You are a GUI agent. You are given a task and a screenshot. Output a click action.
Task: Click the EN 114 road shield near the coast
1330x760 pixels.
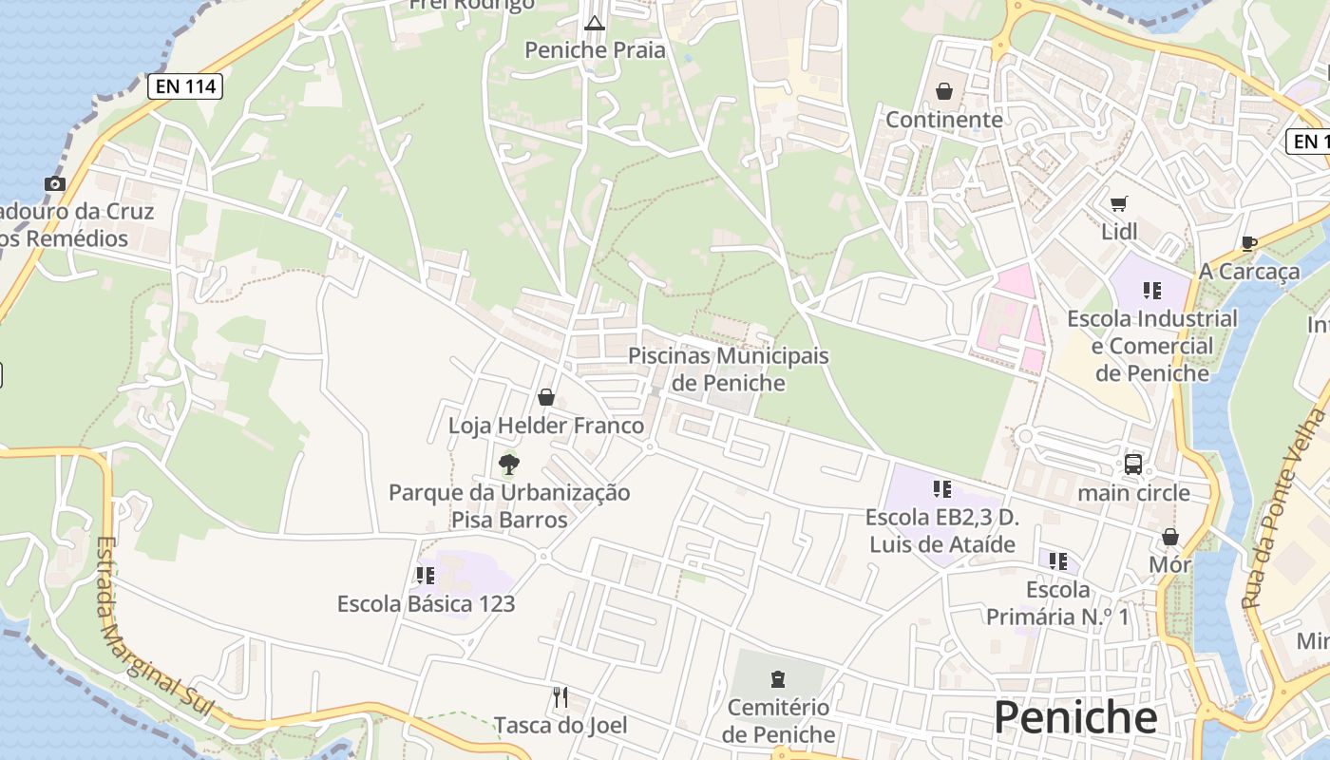[185, 87]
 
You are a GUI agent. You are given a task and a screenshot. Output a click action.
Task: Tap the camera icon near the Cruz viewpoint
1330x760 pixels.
[55, 183]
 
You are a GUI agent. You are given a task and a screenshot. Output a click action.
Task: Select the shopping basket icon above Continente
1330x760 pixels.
[944, 91]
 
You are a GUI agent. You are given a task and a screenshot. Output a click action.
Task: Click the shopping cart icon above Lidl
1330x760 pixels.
[1119, 203]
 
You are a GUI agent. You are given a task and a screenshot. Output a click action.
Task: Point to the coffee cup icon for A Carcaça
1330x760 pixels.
[1249, 243]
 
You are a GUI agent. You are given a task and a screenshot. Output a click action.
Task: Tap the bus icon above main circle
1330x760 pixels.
[1133, 464]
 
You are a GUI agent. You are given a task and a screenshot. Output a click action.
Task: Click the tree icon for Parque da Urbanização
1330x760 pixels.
[509, 464]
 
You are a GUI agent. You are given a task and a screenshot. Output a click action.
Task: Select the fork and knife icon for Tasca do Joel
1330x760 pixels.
[560, 697]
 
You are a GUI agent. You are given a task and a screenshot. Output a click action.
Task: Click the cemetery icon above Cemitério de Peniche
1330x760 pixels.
[778, 678]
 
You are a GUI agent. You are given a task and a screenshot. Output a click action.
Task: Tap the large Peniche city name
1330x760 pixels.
[1075, 717]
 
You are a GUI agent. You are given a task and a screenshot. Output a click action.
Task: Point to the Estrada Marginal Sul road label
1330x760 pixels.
[154, 627]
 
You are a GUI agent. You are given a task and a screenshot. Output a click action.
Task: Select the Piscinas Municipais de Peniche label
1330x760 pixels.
[729, 370]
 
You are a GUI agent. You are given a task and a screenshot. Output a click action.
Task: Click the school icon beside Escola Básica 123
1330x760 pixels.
[425, 575]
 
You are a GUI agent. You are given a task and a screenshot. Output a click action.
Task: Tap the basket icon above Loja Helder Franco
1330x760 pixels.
[546, 397]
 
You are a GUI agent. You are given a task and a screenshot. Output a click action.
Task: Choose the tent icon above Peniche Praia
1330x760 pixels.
[595, 23]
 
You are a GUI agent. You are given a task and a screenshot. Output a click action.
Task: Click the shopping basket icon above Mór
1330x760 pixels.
[1170, 537]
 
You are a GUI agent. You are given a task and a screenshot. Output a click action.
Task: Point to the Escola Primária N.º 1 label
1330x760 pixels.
[1058, 603]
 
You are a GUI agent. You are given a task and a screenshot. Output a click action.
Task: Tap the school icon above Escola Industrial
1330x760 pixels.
[1152, 290]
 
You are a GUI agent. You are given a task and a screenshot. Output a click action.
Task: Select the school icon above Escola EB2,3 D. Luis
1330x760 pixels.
[941, 489]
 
